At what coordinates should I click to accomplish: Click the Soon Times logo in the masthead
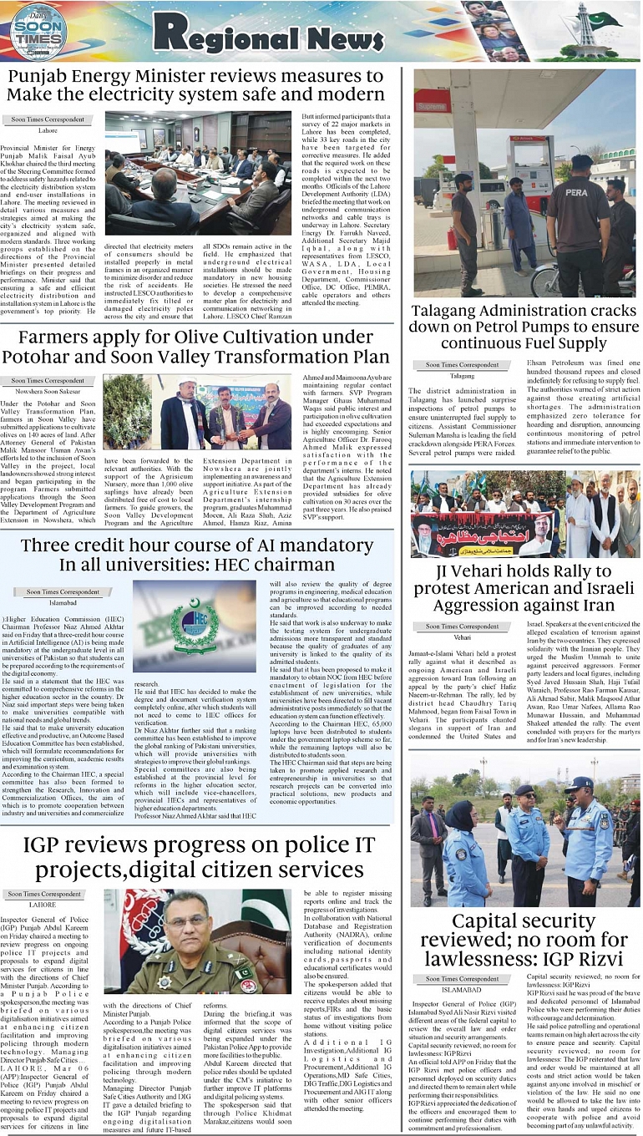tap(38, 32)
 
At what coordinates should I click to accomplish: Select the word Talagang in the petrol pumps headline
tap(453, 312)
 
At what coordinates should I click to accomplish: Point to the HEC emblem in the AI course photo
tap(195, 623)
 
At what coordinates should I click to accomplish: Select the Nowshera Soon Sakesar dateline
tap(48, 391)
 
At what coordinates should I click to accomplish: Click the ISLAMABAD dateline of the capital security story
tap(462, 989)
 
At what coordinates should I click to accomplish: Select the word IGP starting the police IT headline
tap(53, 848)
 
